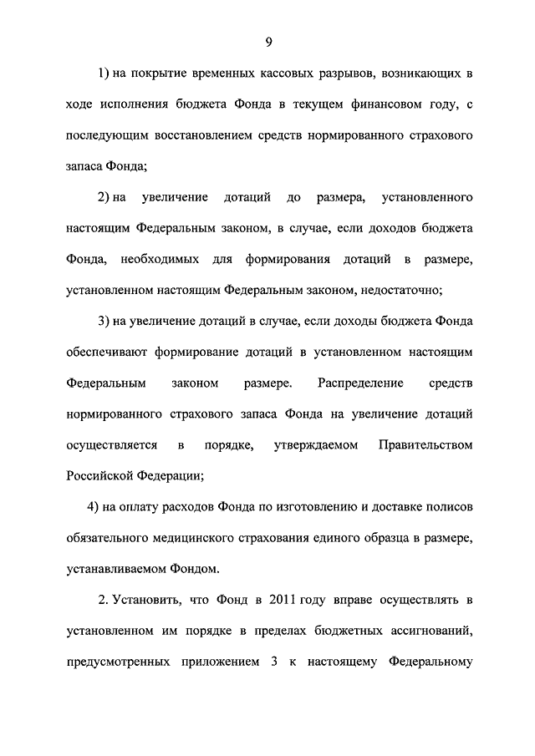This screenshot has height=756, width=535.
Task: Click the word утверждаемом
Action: (x=316, y=444)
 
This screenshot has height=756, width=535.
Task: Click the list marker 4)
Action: (x=94, y=506)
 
